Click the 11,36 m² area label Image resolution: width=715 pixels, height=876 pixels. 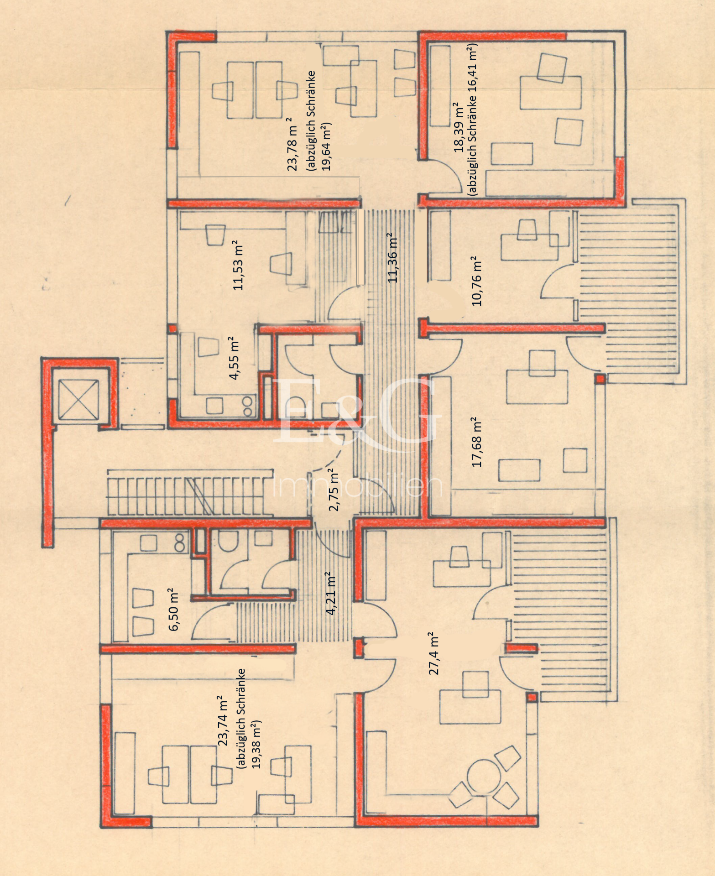pyautogui.click(x=392, y=257)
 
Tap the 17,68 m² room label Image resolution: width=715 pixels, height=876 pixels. pyautogui.click(x=477, y=441)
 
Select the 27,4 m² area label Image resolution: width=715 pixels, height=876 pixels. pyautogui.click(x=434, y=653)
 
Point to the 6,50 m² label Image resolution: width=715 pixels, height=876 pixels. pyautogui.click(x=174, y=609)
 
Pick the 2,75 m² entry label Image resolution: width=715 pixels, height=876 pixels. pyautogui.click(x=334, y=489)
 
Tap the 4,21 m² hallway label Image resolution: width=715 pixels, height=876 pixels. pyautogui.click(x=331, y=593)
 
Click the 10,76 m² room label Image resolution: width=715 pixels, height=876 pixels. pyautogui.click(x=477, y=281)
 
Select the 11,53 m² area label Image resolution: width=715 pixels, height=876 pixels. pyautogui.click(x=238, y=265)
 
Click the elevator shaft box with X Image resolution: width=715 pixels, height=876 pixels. pyautogui.click(x=79, y=400)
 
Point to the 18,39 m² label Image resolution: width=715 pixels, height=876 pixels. pyautogui.click(x=459, y=127)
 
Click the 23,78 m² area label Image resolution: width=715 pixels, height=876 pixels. pyautogui.click(x=292, y=144)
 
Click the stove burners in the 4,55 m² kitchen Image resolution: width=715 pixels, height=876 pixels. pyautogui.click(x=248, y=406)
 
